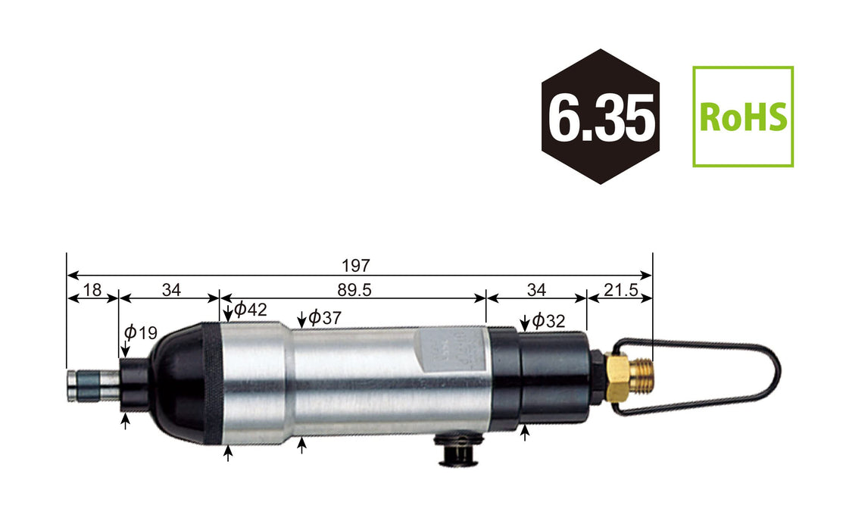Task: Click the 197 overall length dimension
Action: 355,266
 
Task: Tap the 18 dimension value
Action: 92,289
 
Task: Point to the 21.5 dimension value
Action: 620,289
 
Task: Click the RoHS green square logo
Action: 743,117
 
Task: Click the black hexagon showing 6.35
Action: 600,117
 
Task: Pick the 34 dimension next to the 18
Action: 171,289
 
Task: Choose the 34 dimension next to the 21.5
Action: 536,289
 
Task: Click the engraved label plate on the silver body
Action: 447,352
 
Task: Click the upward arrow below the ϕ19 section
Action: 126,421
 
